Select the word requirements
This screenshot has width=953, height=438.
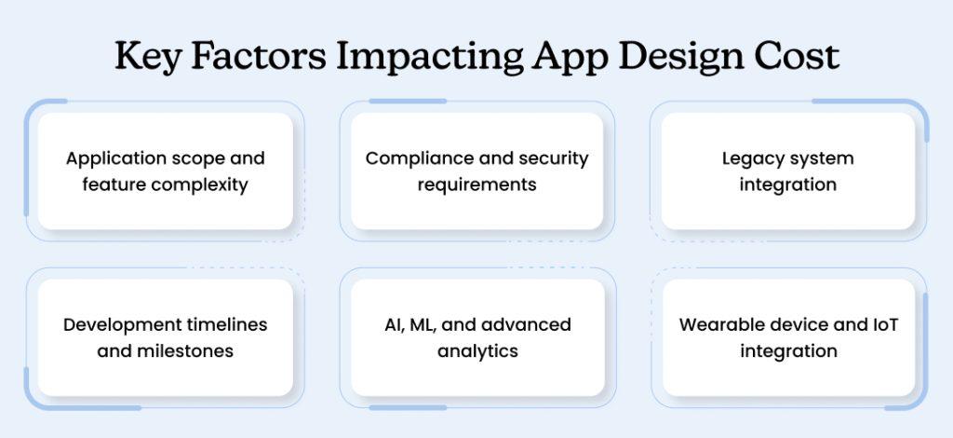[476, 185]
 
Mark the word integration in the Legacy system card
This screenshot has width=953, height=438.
[788, 185]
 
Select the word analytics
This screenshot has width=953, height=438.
[476, 351]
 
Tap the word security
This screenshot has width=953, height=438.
[555, 158]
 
